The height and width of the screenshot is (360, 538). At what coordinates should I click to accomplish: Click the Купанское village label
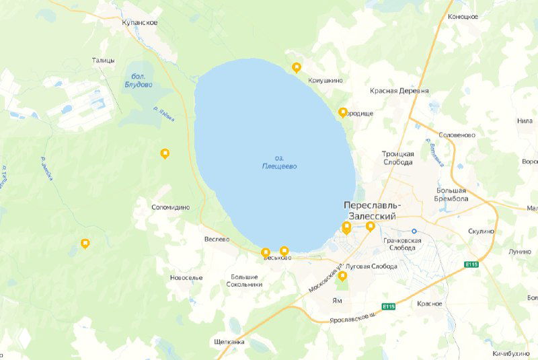140,23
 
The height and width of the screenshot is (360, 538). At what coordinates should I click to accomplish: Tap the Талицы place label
104,61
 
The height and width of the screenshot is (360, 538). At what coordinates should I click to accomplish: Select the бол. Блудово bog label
139,80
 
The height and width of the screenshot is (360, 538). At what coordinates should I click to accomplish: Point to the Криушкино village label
325,81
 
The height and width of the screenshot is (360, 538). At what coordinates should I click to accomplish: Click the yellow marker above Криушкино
297,67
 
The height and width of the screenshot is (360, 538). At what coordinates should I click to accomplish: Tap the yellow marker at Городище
343,112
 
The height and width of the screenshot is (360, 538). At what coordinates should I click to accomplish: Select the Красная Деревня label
399,91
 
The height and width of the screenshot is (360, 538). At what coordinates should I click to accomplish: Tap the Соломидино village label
171,207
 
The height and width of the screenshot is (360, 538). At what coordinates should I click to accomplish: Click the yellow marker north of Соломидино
165,153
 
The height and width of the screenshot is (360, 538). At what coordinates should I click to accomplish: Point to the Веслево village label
217,239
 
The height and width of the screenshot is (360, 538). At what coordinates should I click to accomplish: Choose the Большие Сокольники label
245,281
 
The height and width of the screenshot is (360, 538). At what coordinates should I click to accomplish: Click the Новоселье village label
186,277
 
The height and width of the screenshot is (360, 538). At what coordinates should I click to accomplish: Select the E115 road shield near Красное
388,307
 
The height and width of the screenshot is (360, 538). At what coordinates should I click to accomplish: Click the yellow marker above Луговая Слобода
342,276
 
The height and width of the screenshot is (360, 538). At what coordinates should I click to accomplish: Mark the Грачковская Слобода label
401,244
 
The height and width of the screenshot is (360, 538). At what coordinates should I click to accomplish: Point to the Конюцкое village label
463,16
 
